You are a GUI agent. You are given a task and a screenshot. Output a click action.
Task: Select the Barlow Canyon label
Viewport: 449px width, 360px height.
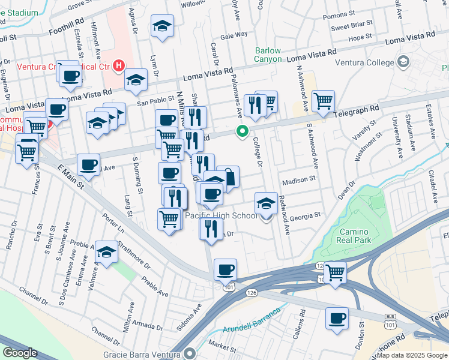point(268,55)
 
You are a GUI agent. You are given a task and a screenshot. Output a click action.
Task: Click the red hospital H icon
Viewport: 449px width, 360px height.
point(119,65)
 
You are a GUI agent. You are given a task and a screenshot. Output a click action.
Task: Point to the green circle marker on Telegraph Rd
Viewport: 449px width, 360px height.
point(243,131)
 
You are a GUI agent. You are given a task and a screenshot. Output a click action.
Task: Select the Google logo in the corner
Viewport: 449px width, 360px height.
point(19,352)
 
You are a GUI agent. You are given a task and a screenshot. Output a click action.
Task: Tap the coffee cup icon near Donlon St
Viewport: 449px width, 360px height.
point(337,318)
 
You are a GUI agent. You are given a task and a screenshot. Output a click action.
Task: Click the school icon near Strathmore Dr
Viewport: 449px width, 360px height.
point(107,253)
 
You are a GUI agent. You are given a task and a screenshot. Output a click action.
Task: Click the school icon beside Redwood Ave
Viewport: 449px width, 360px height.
point(266,203)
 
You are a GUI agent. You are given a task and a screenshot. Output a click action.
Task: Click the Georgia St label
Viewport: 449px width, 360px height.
point(306,214)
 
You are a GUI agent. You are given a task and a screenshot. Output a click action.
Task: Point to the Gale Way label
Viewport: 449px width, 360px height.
point(234,35)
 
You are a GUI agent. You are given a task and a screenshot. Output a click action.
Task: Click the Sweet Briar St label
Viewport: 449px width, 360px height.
point(352,27)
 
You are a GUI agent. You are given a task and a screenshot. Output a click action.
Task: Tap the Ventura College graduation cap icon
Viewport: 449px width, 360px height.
point(403,62)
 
